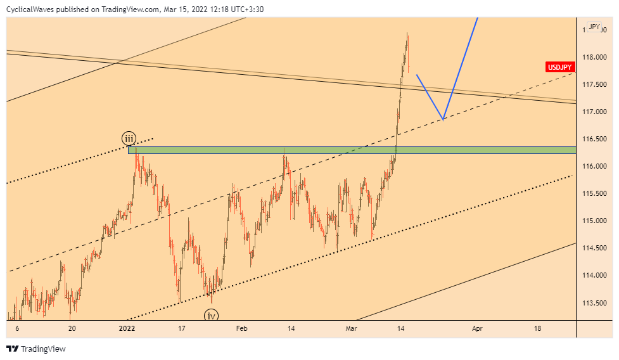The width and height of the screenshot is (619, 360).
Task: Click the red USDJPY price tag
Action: (561, 67)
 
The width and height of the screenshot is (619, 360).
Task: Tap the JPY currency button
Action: (594, 27)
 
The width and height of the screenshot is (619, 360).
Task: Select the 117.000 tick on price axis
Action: (596, 112)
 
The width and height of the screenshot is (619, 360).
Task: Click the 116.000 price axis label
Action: (596, 166)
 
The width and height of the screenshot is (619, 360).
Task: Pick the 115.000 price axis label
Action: (596, 221)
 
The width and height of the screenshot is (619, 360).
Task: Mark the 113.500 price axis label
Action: (596, 302)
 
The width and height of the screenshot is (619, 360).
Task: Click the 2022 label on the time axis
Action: (127, 328)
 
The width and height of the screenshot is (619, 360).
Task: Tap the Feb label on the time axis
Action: (241, 328)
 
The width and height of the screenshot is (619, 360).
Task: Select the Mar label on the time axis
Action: (352, 328)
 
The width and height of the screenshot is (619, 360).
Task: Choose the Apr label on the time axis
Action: (477, 328)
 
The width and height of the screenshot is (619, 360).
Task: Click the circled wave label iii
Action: (129, 138)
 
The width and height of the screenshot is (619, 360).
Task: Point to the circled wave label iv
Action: (211, 315)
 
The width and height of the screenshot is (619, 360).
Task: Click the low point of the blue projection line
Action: (443, 119)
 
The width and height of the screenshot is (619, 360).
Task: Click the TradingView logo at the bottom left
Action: (36, 349)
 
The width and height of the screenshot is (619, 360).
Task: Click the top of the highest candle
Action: (407, 33)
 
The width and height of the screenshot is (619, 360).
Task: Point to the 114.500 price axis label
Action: (596, 248)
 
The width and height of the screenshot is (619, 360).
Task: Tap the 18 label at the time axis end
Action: (538, 328)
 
